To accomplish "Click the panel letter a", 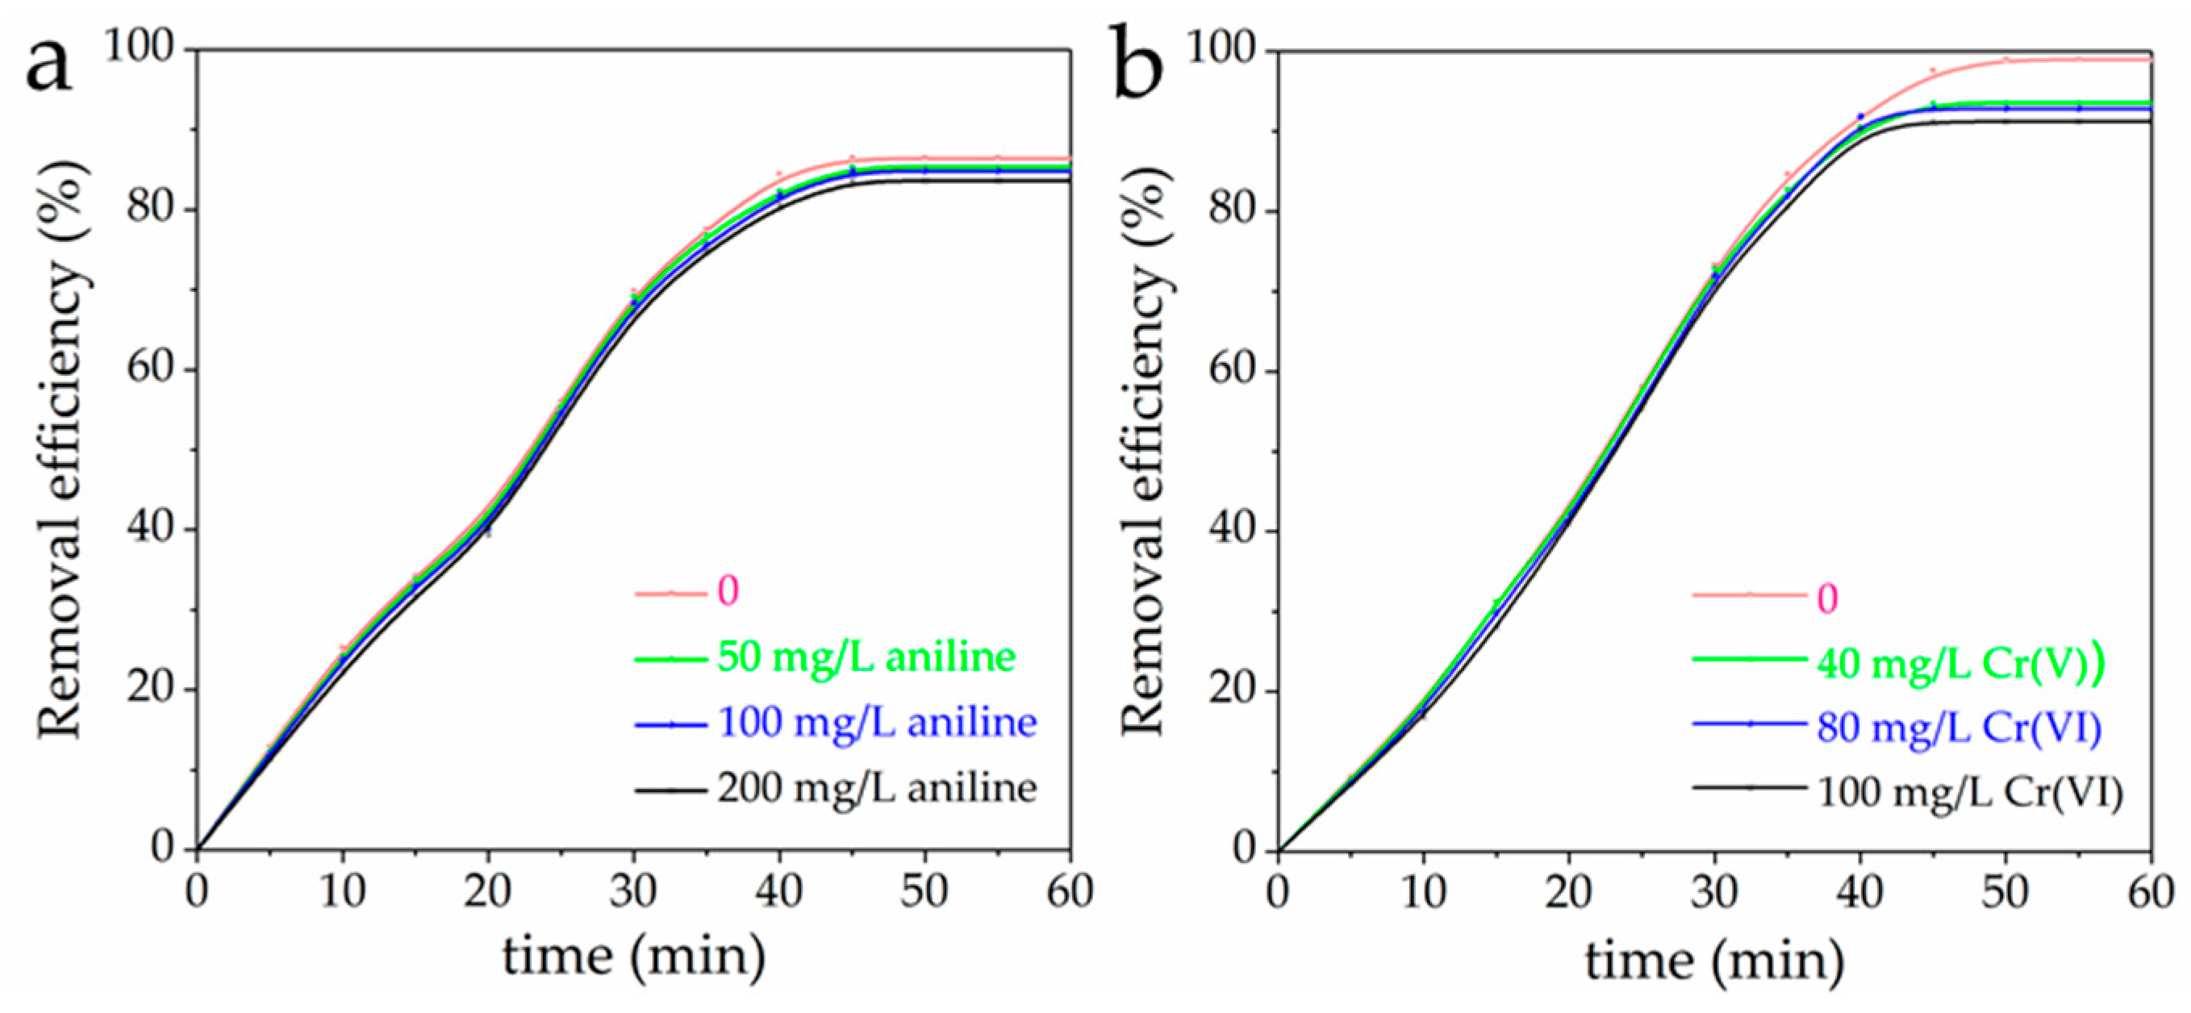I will pos(48,67).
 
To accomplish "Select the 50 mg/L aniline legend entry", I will pos(866,657).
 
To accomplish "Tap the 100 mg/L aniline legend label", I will pos(877,722).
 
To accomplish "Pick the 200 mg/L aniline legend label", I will pos(877,789).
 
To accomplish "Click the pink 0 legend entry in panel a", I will pos(728,591).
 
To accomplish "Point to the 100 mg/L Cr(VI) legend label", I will pos(1970,793).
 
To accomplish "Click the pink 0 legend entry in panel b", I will pos(1827,598).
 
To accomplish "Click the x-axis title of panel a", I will pos(633,957).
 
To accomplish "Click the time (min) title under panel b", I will pos(1715,961).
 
